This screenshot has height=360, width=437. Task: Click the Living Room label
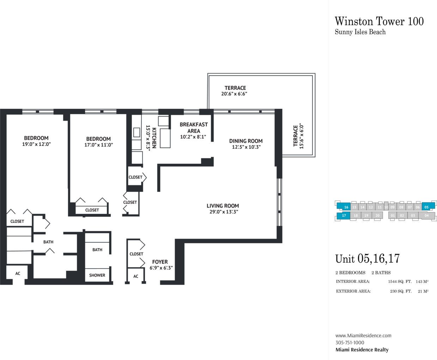coord(223,206)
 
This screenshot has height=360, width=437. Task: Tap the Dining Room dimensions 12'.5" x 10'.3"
coord(246,147)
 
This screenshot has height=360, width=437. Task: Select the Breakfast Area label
coord(194,128)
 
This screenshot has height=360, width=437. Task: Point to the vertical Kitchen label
coord(154,138)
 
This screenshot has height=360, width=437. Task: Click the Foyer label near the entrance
coord(160,262)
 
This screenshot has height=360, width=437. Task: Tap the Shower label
coord(97,275)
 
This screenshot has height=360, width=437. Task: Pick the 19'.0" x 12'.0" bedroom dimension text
coord(36,144)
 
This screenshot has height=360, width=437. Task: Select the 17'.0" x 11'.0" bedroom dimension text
coord(99,145)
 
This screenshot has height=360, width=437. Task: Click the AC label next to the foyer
coord(136,276)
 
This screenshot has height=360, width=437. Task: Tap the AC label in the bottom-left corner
coord(18,274)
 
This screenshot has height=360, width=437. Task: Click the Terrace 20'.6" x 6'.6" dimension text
coord(234,94)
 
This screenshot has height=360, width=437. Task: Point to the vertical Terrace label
coord(296,136)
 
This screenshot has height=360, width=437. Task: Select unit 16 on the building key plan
coord(346,207)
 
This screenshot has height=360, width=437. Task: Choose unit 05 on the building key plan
coord(426,207)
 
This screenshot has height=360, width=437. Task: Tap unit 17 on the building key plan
coord(344,215)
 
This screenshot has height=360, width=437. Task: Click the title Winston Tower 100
coord(379,22)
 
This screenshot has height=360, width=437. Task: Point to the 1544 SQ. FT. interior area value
coord(400,281)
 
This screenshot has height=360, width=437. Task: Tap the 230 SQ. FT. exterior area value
coord(401,291)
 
